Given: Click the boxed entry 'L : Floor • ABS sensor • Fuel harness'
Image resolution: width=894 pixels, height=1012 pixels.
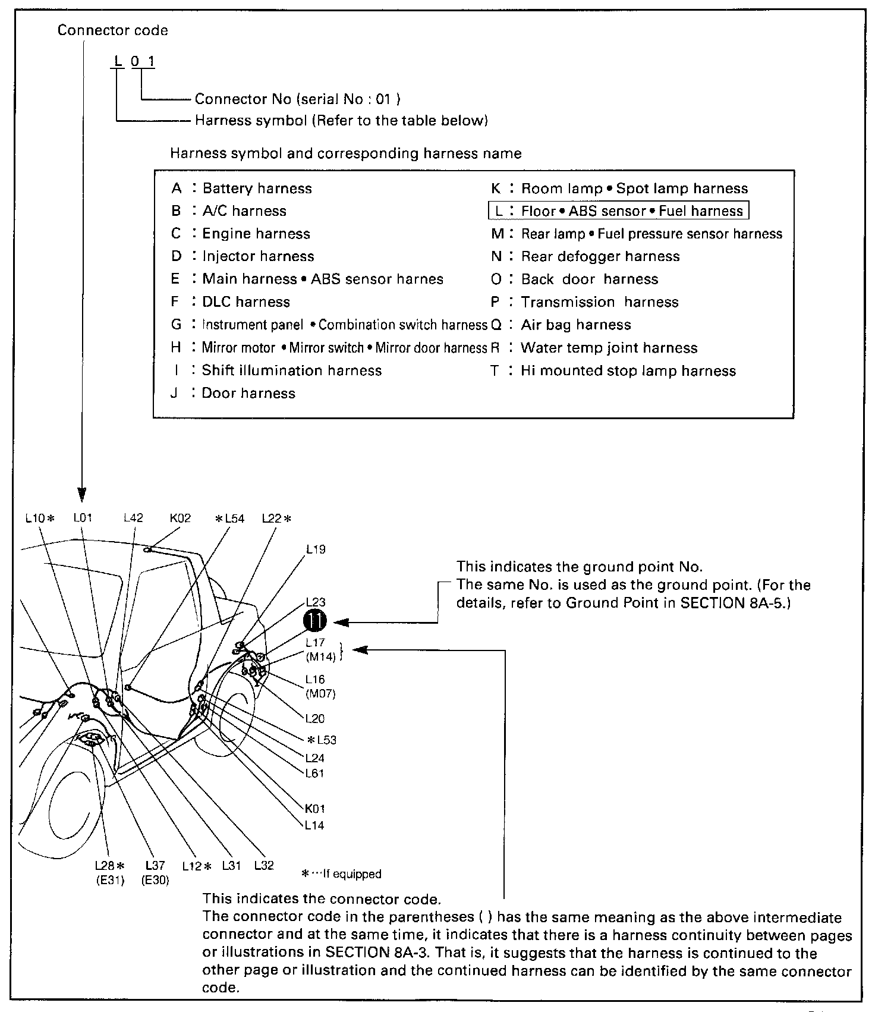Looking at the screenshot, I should click(x=618, y=211).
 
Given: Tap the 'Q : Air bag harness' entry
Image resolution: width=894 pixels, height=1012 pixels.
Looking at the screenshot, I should click(x=561, y=325).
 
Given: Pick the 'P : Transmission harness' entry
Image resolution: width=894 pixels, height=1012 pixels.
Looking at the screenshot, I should click(x=585, y=302).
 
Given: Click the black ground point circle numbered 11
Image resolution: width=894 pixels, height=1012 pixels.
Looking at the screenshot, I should click(x=315, y=621).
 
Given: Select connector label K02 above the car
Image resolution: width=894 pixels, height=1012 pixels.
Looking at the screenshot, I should click(x=180, y=518).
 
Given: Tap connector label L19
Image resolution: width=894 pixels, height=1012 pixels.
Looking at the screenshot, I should click(x=316, y=549).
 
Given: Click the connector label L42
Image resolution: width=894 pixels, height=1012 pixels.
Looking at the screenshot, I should click(x=133, y=518).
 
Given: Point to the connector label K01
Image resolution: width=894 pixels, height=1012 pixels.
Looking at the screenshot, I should click(x=314, y=809).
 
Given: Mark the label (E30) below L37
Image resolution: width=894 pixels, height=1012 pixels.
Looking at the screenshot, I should click(x=155, y=881).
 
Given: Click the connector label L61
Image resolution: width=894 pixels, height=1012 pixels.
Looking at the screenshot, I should click(x=314, y=774).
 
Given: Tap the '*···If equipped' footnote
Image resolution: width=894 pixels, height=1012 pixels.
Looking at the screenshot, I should click(x=342, y=874).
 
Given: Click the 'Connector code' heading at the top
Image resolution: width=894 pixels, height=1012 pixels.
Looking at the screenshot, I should click(x=113, y=30).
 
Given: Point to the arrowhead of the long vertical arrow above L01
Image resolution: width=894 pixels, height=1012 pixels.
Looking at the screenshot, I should click(x=82, y=495).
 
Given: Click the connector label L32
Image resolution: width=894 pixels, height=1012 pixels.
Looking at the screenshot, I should click(x=264, y=866).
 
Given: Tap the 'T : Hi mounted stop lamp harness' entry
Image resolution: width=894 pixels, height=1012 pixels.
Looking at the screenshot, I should click(x=613, y=371).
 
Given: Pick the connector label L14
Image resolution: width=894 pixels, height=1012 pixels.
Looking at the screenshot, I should click(x=314, y=825).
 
